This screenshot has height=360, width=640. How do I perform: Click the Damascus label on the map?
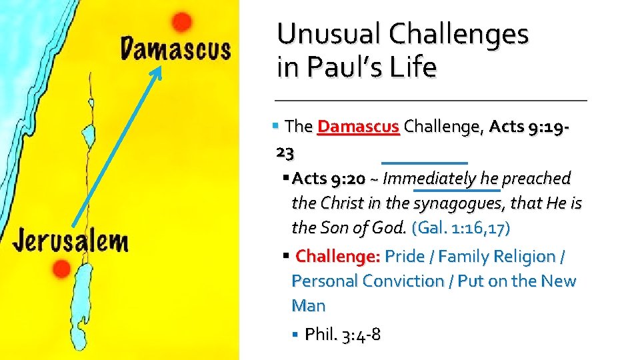tap(175, 49)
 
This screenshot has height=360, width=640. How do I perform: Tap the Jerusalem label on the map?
tap(70, 240)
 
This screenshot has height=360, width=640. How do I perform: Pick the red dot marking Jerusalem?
tap(61, 269)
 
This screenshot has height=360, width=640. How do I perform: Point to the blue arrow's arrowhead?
tap(158, 70)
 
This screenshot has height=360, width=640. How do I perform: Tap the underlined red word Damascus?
tap(359, 127)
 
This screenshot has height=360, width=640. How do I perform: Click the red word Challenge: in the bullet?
tap(337, 256)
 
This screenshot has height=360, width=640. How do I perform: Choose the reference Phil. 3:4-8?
tap(343, 334)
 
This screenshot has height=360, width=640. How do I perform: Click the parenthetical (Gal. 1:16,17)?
tap(461, 228)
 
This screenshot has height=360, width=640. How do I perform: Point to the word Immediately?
tap(429, 178)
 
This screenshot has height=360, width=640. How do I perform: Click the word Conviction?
tap(405, 281)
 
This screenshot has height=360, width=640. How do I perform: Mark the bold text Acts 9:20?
tap(329, 178)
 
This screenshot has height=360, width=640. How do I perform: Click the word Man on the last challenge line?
tap(308, 306)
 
